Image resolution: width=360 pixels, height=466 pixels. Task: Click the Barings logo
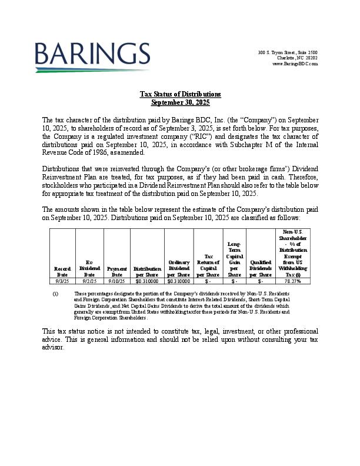pyautogui.click(x=92, y=57)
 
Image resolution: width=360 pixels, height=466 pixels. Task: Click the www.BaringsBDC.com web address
pyautogui.click(x=295, y=64)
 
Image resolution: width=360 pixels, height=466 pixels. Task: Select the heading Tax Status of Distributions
pyautogui.click(x=180, y=94)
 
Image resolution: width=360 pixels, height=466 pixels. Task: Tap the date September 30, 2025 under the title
pyautogui.click(x=180, y=102)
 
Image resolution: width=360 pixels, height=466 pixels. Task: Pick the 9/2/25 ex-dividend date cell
pyautogui.click(x=89, y=281)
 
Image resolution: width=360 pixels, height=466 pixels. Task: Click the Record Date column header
pyautogui.click(x=62, y=271)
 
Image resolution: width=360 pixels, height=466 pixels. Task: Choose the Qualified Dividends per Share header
pyautogui.click(x=261, y=268)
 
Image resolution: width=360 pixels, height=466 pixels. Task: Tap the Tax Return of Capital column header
pyautogui.click(x=208, y=265)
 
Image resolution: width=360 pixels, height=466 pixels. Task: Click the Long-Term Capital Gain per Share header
pyautogui.click(x=234, y=259)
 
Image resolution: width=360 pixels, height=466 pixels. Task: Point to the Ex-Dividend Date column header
pyautogui.click(x=89, y=268)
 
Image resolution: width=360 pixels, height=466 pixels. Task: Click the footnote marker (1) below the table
pyautogui.click(x=55, y=293)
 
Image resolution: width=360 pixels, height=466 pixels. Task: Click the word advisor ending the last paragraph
pyautogui.click(x=53, y=348)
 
